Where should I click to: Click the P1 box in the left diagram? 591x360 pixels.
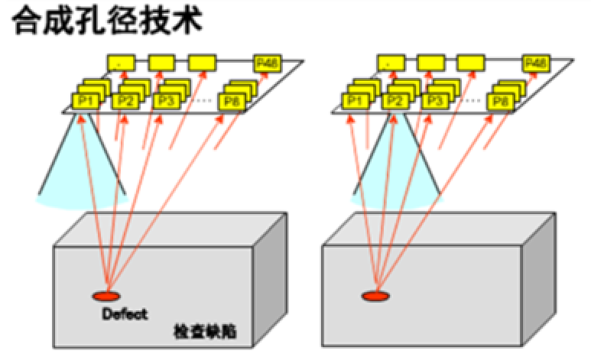pos(83,101)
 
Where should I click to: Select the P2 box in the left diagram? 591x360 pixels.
pos(123,101)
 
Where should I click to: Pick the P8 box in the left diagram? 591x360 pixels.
pos(229,101)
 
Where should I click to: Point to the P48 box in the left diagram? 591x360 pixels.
pos(267,62)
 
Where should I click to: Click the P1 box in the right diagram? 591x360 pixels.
pos(354,101)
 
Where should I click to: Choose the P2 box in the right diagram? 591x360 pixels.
pos(395,101)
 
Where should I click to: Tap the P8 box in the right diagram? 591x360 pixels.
pos(500,101)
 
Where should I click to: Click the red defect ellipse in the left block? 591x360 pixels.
pos(106,296)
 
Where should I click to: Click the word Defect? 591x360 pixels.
pos(123,314)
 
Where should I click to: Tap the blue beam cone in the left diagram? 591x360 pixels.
pos(83,176)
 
